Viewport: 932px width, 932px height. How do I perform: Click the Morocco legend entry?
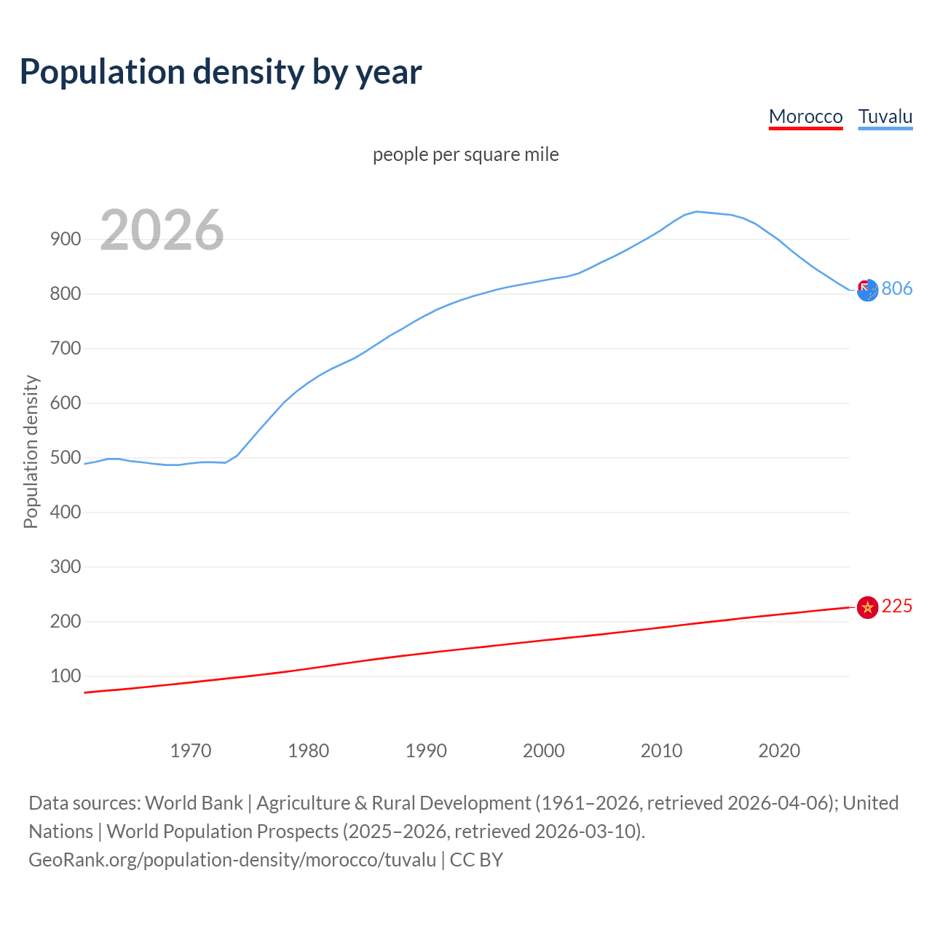[x=805, y=116]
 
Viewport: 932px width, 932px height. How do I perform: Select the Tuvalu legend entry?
[x=885, y=116]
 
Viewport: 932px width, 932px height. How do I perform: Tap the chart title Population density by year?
[x=221, y=72]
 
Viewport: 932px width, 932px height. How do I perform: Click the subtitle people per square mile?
[x=465, y=154]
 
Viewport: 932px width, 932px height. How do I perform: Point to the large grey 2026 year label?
[x=162, y=230]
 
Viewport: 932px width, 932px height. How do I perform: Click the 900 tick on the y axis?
[x=65, y=239]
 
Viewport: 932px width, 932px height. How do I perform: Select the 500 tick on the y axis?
[x=65, y=457]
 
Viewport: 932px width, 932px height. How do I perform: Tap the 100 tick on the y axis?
[x=65, y=676]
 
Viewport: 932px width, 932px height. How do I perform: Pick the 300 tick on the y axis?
[x=65, y=566]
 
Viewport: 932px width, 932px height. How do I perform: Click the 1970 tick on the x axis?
[x=191, y=751]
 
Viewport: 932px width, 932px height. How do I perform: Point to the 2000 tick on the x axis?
[x=544, y=751]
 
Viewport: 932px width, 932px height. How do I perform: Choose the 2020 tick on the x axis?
[x=779, y=751]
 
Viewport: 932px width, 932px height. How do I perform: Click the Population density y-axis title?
[x=31, y=451]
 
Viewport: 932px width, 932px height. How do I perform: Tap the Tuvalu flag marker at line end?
[x=867, y=290]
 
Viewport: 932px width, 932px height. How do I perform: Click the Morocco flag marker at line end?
[x=867, y=607]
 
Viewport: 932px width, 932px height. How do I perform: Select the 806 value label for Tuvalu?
[x=897, y=288]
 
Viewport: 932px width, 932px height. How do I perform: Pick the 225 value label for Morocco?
[x=897, y=606]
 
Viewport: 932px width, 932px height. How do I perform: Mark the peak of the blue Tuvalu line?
[x=697, y=211]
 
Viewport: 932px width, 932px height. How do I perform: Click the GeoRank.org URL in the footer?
[x=232, y=860]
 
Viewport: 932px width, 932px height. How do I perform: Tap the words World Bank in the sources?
[x=194, y=803]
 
